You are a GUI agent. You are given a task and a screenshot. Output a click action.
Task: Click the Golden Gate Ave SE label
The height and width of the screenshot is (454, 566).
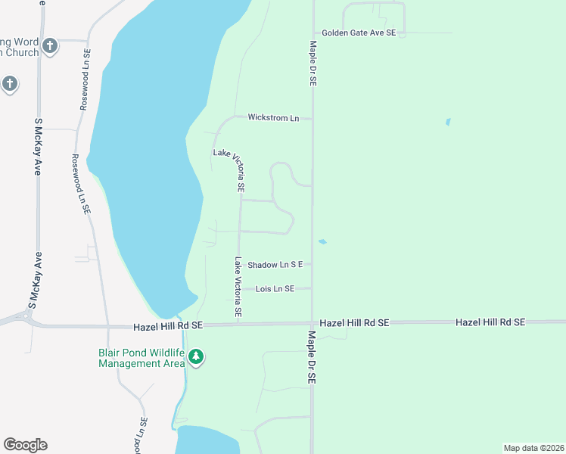[x=359, y=33]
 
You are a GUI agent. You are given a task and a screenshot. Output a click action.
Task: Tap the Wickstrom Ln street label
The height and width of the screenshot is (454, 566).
[x=273, y=118]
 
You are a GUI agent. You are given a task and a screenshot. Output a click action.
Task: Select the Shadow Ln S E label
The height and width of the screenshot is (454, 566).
[x=275, y=264]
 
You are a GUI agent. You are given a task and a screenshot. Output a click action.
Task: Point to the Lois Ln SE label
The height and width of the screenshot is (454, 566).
[x=275, y=289]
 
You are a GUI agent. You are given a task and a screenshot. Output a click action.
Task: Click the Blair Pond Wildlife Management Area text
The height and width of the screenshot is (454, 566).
[x=141, y=358]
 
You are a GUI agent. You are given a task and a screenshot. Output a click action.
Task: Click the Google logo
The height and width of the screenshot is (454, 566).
[x=25, y=445]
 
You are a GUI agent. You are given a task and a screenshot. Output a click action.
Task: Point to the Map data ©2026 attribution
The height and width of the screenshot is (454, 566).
[x=533, y=448]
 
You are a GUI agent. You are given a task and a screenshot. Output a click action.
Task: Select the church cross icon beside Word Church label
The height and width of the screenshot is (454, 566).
[x=50, y=46]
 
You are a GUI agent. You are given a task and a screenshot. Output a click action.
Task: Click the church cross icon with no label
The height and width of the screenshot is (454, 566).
[x=10, y=83]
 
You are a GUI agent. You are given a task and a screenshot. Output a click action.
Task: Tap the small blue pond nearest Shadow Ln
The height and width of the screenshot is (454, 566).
[x=322, y=242]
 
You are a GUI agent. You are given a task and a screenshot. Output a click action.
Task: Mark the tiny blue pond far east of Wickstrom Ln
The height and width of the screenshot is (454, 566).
[x=448, y=121]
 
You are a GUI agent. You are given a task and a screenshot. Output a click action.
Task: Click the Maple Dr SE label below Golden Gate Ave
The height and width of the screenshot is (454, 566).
[x=312, y=64]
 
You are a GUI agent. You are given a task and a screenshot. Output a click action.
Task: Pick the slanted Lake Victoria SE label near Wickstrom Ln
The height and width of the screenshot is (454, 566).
[x=229, y=169]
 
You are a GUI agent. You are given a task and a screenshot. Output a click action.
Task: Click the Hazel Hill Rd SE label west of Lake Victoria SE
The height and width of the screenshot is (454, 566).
[x=168, y=326]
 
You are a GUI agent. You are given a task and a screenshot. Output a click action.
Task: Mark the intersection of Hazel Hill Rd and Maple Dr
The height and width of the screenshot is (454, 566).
[x=312, y=323]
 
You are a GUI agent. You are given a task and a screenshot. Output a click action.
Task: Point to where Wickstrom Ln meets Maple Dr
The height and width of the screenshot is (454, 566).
[x=312, y=119]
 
